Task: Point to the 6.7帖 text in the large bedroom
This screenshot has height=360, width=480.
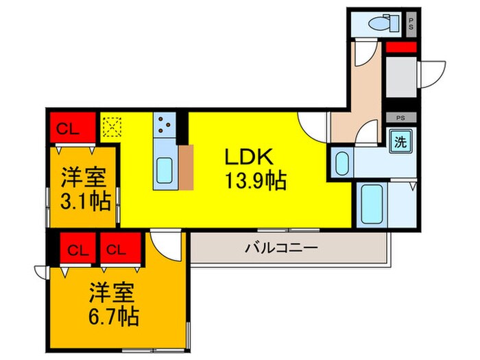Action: click(x=113, y=316)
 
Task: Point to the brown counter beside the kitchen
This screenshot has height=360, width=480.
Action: click(x=187, y=167)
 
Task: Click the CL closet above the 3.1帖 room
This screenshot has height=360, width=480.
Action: click(x=67, y=128)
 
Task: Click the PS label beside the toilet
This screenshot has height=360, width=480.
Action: click(x=411, y=25)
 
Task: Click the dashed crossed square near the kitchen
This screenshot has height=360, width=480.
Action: click(x=110, y=127)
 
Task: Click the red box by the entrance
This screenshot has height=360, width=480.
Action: click(x=400, y=49)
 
